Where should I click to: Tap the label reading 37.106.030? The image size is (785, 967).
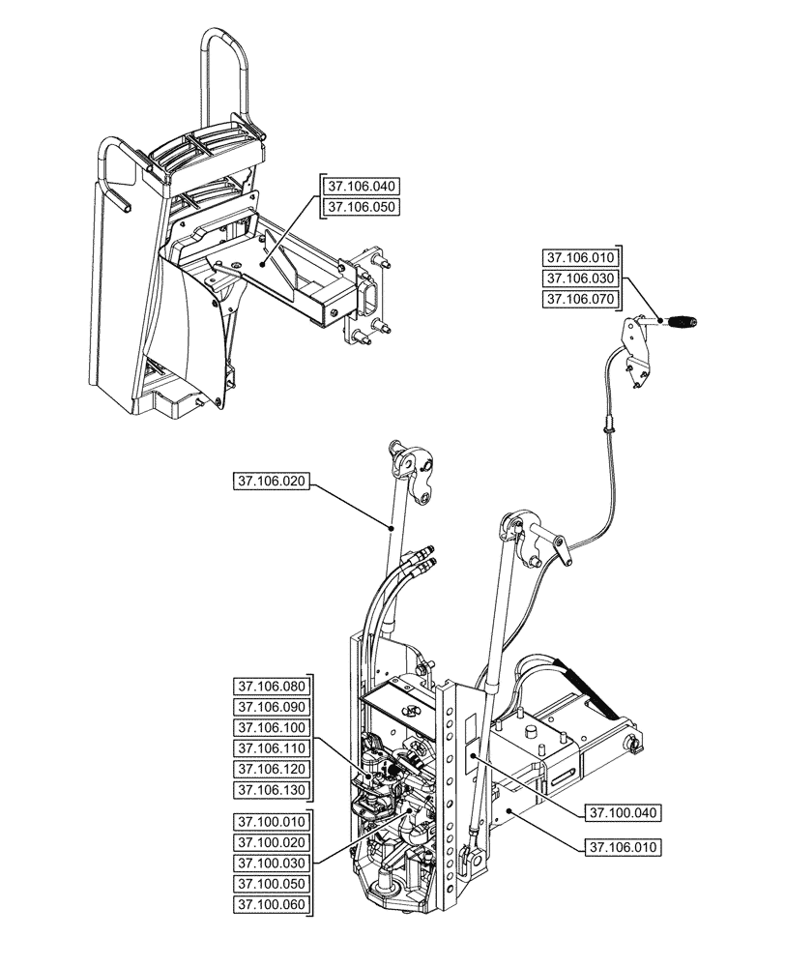[x=579, y=278]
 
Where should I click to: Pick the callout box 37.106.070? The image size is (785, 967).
[x=579, y=300]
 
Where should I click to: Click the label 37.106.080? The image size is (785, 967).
[x=271, y=686]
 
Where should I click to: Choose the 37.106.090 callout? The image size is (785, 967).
[x=271, y=707]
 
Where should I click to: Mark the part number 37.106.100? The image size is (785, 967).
[x=271, y=727]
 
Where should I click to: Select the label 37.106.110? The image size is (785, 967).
[x=271, y=748]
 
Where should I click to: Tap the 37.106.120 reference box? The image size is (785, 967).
[x=271, y=770]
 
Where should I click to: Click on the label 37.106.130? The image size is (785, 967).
[x=271, y=791]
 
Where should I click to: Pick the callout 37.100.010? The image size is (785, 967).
[x=271, y=822]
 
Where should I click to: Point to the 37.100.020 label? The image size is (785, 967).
[x=271, y=843]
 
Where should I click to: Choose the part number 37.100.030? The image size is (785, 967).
[x=271, y=864]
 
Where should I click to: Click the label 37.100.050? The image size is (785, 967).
[x=271, y=885]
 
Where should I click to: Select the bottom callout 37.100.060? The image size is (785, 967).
[x=271, y=906]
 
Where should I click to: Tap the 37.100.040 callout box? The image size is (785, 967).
[x=622, y=813]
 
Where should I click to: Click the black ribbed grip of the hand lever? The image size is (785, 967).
[x=683, y=321]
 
